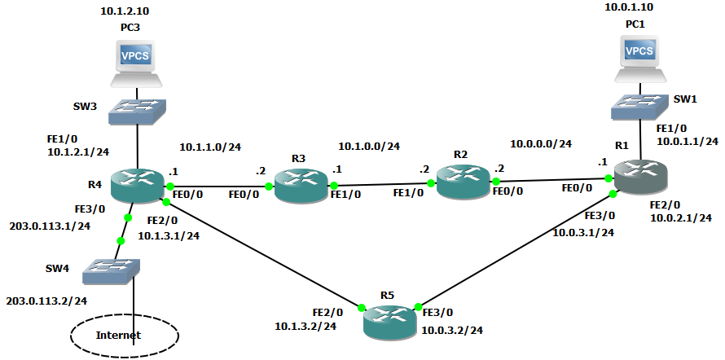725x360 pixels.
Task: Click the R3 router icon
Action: (x=299, y=186)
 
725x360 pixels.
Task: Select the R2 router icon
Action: (x=462, y=181)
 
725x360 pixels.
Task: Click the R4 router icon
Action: (x=137, y=187)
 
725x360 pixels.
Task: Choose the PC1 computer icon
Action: (x=639, y=58)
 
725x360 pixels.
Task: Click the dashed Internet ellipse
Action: (x=124, y=334)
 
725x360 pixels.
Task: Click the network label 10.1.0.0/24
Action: (x=369, y=147)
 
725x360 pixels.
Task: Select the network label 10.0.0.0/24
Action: (x=541, y=143)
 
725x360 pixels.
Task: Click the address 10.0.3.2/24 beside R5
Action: (x=453, y=330)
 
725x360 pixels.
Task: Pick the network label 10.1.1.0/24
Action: (x=209, y=147)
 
